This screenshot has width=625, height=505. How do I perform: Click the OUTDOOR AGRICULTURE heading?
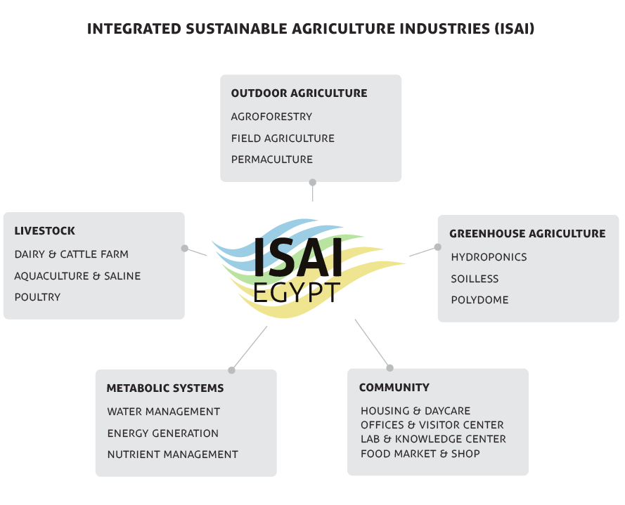coord(299,93)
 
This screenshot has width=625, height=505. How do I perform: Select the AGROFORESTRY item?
coord(271,117)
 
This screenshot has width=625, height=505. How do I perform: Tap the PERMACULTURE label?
coord(271,159)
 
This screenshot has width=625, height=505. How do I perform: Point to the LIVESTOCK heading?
coord(44,230)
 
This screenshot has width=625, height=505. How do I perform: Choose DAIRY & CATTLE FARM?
coord(71,254)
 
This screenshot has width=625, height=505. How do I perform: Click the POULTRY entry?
coord(37,297)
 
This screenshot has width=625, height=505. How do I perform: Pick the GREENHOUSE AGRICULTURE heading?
coord(527,233)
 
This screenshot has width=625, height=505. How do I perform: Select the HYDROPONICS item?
coord(489,257)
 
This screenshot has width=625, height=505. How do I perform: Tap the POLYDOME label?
coord(479,300)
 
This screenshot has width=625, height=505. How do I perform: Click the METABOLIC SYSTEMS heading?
coord(165,388)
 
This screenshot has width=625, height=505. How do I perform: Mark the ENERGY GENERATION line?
coord(162,433)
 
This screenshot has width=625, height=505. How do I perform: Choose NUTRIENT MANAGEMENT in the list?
coord(172,454)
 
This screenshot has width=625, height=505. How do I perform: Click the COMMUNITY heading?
coord(394,387)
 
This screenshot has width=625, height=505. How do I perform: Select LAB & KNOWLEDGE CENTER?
coord(433,439)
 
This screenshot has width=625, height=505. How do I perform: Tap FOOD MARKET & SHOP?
coord(420,454)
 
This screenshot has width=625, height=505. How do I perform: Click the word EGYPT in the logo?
coord(297,291)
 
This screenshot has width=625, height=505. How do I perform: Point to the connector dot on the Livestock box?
coord(185,248)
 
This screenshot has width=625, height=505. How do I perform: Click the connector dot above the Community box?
coord(389,367)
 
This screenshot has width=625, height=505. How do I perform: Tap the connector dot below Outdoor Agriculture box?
coord(312,182)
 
